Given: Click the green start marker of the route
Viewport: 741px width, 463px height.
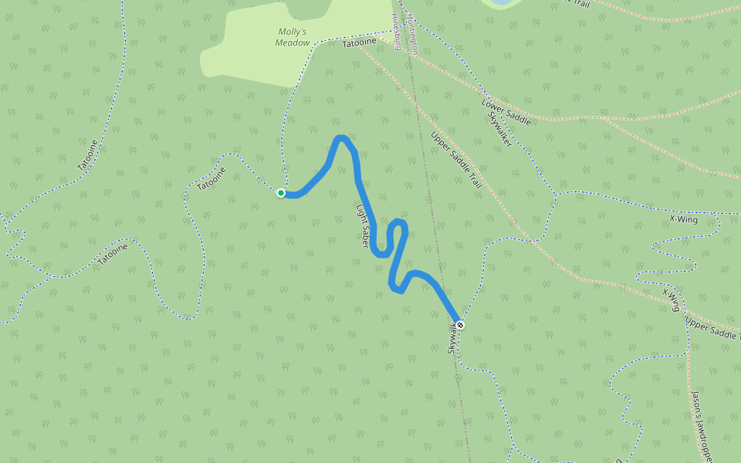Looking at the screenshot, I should click(281, 193).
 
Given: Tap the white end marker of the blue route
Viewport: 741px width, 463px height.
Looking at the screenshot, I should click(459, 325).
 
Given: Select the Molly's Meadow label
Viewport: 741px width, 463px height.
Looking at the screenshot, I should click(292, 37).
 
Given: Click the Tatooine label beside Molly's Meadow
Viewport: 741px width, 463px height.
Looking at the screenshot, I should click(358, 44).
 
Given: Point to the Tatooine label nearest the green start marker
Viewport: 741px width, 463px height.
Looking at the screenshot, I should click(211, 179).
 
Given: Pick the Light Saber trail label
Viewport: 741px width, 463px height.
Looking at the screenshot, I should click(363, 225).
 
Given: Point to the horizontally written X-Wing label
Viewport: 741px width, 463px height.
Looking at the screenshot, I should click(683, 221).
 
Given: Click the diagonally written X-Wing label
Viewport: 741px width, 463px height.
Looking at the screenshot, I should click(671, 299).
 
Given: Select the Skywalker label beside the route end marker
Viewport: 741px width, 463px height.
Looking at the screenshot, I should click(452, 340).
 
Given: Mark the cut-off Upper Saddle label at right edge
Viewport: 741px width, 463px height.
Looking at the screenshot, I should click(712, 328).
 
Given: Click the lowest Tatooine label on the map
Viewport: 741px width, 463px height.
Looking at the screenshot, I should click(113, 254).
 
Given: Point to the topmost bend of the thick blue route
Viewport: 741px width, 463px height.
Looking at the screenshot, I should click(340, 139).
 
